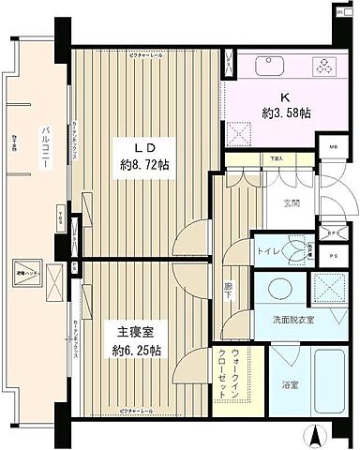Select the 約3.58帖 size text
pyautogui.click(x=286, y=112)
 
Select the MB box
pyautogui.click(x=333, y=148)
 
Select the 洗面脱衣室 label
pyautogui.click(x=294, y=321)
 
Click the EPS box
pyautogui.click(x=333, y=233)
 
